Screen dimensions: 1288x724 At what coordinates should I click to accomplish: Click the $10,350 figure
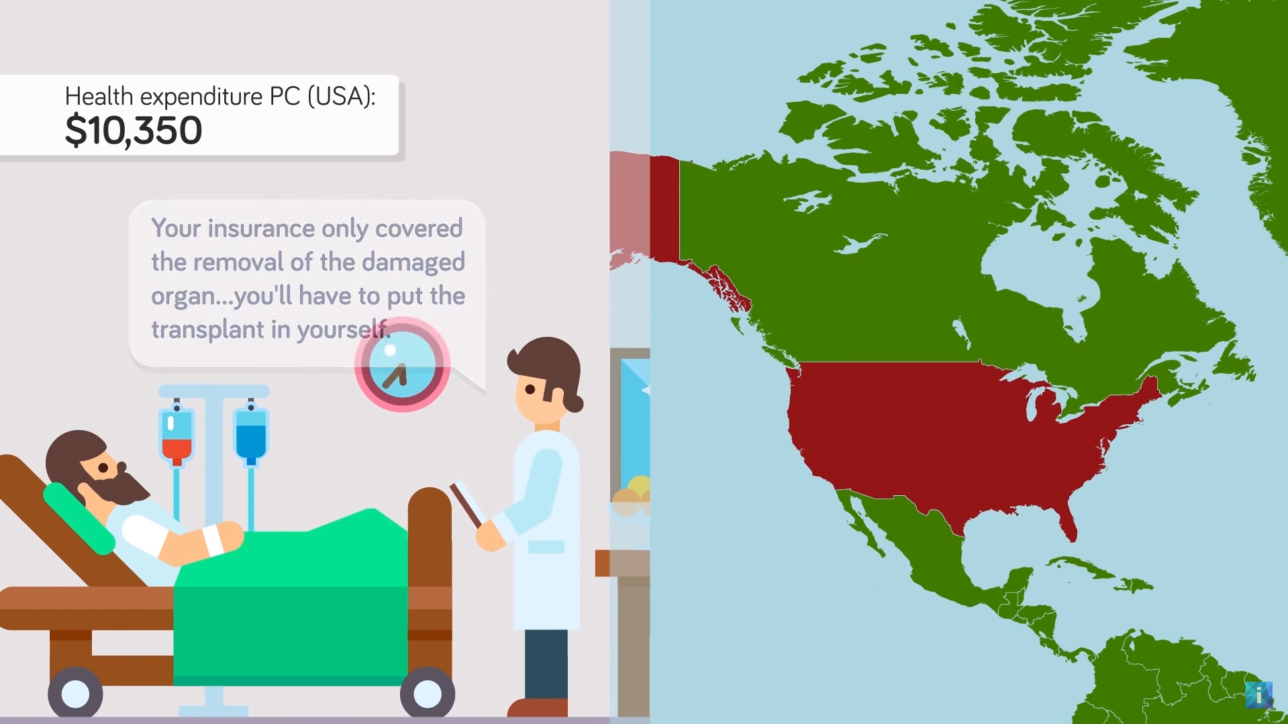(133, 130)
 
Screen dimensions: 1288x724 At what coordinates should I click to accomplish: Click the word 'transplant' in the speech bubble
(207, 329)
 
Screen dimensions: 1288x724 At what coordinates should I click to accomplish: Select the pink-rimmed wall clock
(402, 364)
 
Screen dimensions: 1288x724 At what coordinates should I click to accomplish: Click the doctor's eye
(530, 389)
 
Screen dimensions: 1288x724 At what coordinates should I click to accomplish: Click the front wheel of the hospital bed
(427, 694)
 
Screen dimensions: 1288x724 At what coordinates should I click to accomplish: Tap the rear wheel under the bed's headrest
(75, 694)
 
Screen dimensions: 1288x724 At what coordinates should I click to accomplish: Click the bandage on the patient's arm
(213, 540)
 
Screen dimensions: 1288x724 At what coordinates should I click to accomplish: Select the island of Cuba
(1101, 574)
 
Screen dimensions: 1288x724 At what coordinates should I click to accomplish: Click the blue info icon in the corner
(1259, 695)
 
